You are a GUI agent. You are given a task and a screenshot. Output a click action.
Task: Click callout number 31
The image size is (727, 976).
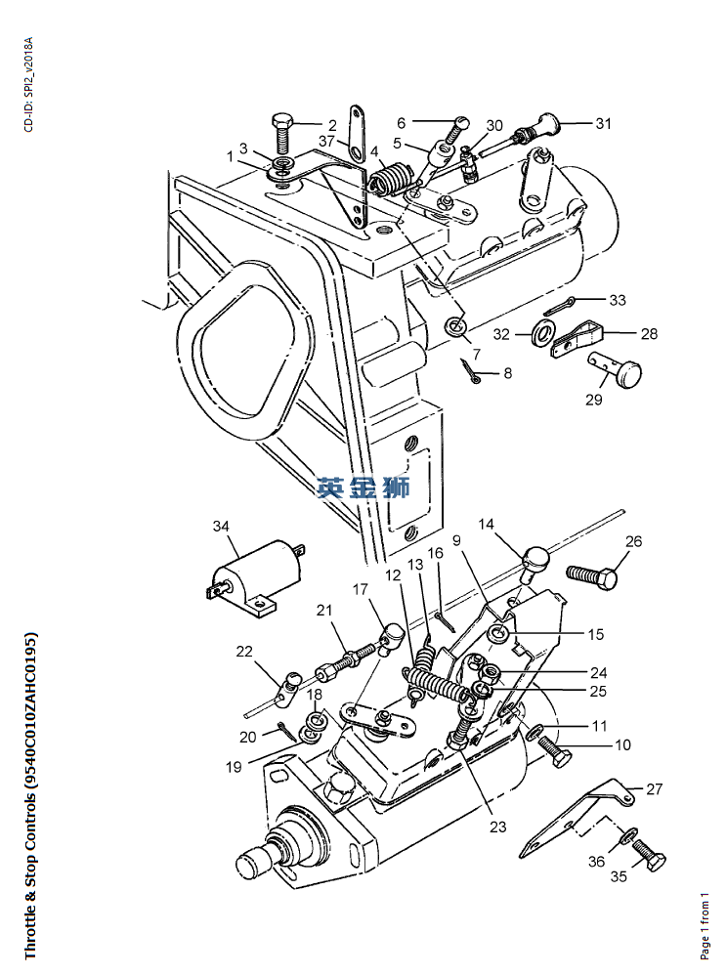tap(603, 123)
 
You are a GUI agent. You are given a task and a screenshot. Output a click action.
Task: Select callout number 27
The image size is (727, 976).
tap(654, 787)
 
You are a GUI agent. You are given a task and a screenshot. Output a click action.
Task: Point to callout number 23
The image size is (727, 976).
tap(498, 827)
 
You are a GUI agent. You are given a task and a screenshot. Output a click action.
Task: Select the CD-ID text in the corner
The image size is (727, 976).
tap(28, 85)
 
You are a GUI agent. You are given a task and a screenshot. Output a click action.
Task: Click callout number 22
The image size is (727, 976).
tap(243, 652)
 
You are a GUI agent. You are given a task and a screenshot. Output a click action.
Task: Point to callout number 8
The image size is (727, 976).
tap(507, 373)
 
